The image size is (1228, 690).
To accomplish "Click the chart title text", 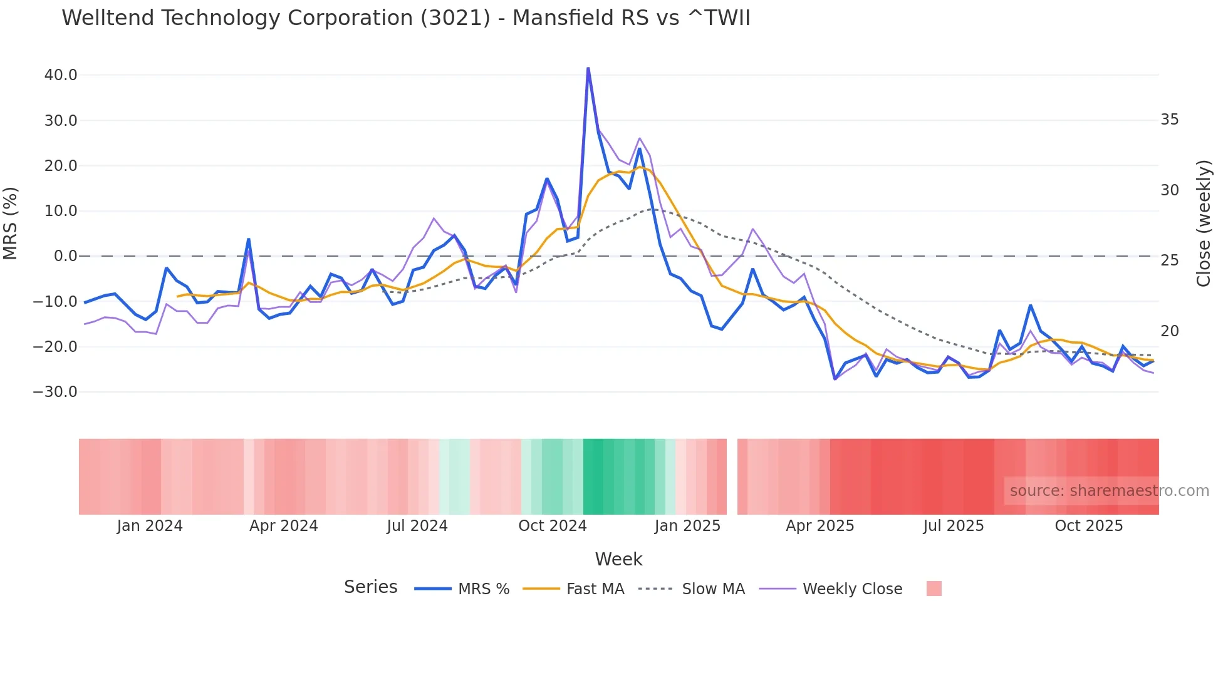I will (x=405, y=18).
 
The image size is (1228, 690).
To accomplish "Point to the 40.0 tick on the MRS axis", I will (x=61, y=75).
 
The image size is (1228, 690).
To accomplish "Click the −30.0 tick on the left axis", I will (x=55, y=392).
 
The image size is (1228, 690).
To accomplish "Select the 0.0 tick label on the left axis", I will (x=65, y=256).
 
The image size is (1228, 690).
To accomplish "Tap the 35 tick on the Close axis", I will (x=1169, y=120).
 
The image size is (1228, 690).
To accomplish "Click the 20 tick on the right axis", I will (x=1169, y=331).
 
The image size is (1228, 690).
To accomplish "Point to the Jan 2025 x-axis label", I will (x=687, y=526).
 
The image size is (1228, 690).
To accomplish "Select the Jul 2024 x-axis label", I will (x=417, y=526).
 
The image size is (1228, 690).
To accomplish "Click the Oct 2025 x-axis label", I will (x=1088, y=526).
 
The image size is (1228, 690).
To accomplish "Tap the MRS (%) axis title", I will (x=11, y=223).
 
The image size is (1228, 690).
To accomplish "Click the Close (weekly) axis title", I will (x=1204, y=224).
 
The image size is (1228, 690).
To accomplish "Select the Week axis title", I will (x=618, y=559).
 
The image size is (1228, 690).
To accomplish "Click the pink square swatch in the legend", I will (x=934, y=589).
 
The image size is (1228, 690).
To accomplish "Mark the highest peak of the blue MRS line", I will (x=588, y=68).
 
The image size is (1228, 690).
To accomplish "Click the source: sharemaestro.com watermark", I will (x=1109, y=491).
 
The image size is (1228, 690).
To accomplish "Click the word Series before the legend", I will (x=370, y=587).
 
